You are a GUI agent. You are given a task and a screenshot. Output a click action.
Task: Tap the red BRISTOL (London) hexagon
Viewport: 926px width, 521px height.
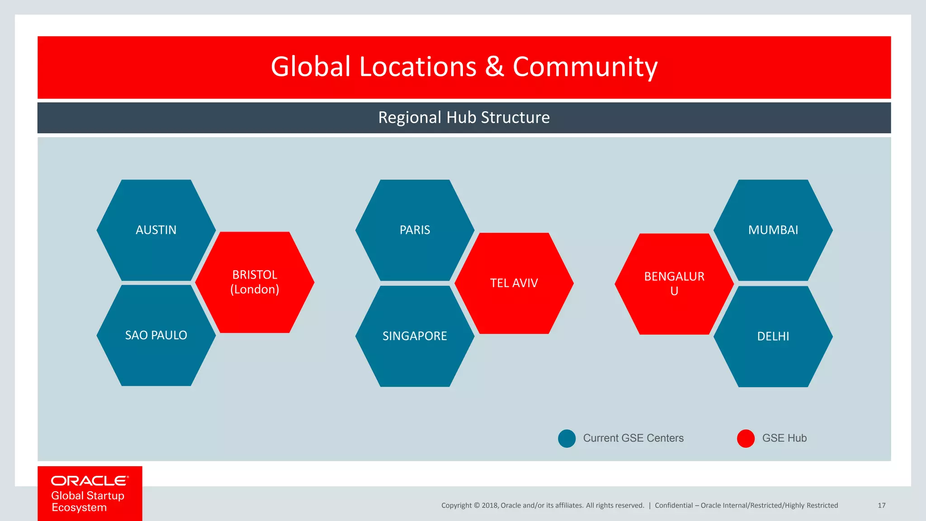pyautogui.click(x=255, y=282)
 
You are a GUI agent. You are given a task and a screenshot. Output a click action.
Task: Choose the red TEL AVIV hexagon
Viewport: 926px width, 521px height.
pyautogui.click(x=514, y=283)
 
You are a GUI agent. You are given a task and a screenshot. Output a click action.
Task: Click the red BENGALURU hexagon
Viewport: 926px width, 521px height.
pyautogui.click(x=674, y=284)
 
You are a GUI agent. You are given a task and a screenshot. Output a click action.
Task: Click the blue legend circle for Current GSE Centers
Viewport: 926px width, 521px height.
pyautogui.click(x=567, y=438)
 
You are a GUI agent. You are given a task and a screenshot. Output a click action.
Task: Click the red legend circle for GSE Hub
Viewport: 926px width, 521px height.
pyautogui.click(x=746, y=438)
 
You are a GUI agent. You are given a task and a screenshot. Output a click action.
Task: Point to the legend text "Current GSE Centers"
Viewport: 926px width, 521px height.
pyautogui.click(x=633, y=438)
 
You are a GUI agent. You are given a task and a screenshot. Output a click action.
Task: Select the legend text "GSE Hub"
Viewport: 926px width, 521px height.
pyautogui.click(x=784, y=438)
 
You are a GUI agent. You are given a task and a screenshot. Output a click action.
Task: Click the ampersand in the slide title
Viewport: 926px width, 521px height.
pyautogui.click(x=494, y=67)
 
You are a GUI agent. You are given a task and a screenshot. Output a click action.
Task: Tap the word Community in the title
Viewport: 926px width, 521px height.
pyautogui.click(x=585, y=67)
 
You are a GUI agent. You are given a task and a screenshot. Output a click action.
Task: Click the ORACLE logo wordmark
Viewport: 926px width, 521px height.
pyautogui.click(x=90, y=481)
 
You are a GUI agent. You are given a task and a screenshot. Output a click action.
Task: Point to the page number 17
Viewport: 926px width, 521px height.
pyautogui.click(x=881, y=506)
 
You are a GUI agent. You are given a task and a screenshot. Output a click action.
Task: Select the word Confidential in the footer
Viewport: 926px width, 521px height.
pyautogui.click(x=674, y=506)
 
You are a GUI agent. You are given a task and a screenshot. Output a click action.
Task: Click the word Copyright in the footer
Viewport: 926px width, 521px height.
pyautogui.click(x=456, y=506)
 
